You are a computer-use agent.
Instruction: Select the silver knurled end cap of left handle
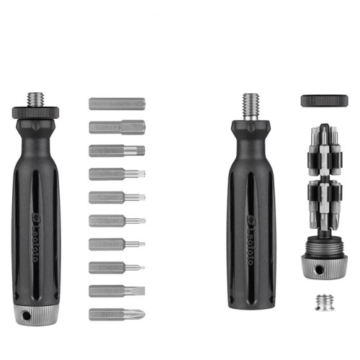click(36, 315)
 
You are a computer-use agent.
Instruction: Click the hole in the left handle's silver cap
click(27, 316)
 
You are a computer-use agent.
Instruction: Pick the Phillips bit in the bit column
click(117, 314)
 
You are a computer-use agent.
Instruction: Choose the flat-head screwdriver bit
click(117, 291)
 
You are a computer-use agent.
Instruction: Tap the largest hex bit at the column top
click(117, 104)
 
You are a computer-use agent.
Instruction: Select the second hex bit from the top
click(117, 127)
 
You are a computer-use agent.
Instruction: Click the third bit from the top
click(117, 150)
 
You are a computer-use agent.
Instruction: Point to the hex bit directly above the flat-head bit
click(117, 267)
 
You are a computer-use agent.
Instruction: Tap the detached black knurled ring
click(325, 100)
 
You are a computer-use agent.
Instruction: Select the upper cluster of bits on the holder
click(325, 148)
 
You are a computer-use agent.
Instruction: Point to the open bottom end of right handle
click(251, 304)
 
